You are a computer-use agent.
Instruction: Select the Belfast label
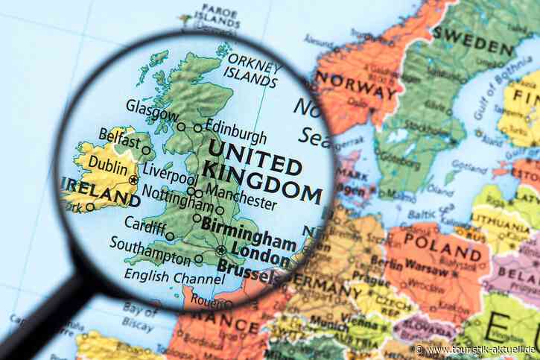click(118, 139)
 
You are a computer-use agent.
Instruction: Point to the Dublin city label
click(108, 165)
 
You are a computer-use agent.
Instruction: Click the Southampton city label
click(150, 251)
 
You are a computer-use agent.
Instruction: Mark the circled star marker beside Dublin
click(133, 180)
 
